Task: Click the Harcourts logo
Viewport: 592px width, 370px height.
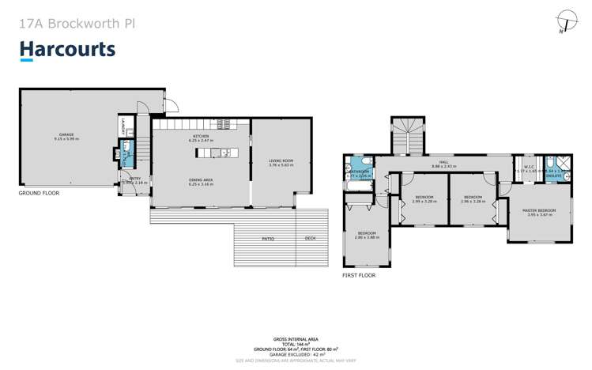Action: (67, 50)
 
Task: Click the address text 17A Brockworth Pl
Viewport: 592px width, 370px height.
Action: (76, 23)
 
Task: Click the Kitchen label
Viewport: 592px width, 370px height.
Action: (200, 137)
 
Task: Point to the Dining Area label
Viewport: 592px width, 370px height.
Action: (200, 181)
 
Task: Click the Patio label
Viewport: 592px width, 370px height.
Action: (269, 238)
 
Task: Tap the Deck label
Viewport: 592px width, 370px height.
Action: (311, 238)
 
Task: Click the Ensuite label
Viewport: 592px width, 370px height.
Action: (554, 176)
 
